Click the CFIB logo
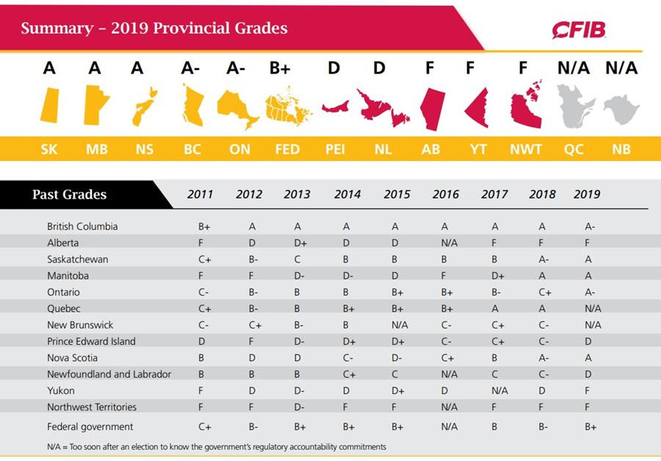point(579,29)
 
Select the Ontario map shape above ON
point(238,110)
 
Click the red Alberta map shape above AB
point(432,109)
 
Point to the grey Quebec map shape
point(574,106)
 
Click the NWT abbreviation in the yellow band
point(526,149)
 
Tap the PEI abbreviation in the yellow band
point(335,149)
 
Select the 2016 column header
point(446,194)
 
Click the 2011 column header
point(201,194)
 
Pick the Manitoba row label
point(68,275)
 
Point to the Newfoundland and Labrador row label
point(109,374)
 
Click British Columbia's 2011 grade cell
point(203,226)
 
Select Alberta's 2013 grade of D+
point(301,243)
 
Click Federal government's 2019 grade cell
point(590,426)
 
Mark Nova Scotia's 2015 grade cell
point(396,357)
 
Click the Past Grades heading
point(69,195)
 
